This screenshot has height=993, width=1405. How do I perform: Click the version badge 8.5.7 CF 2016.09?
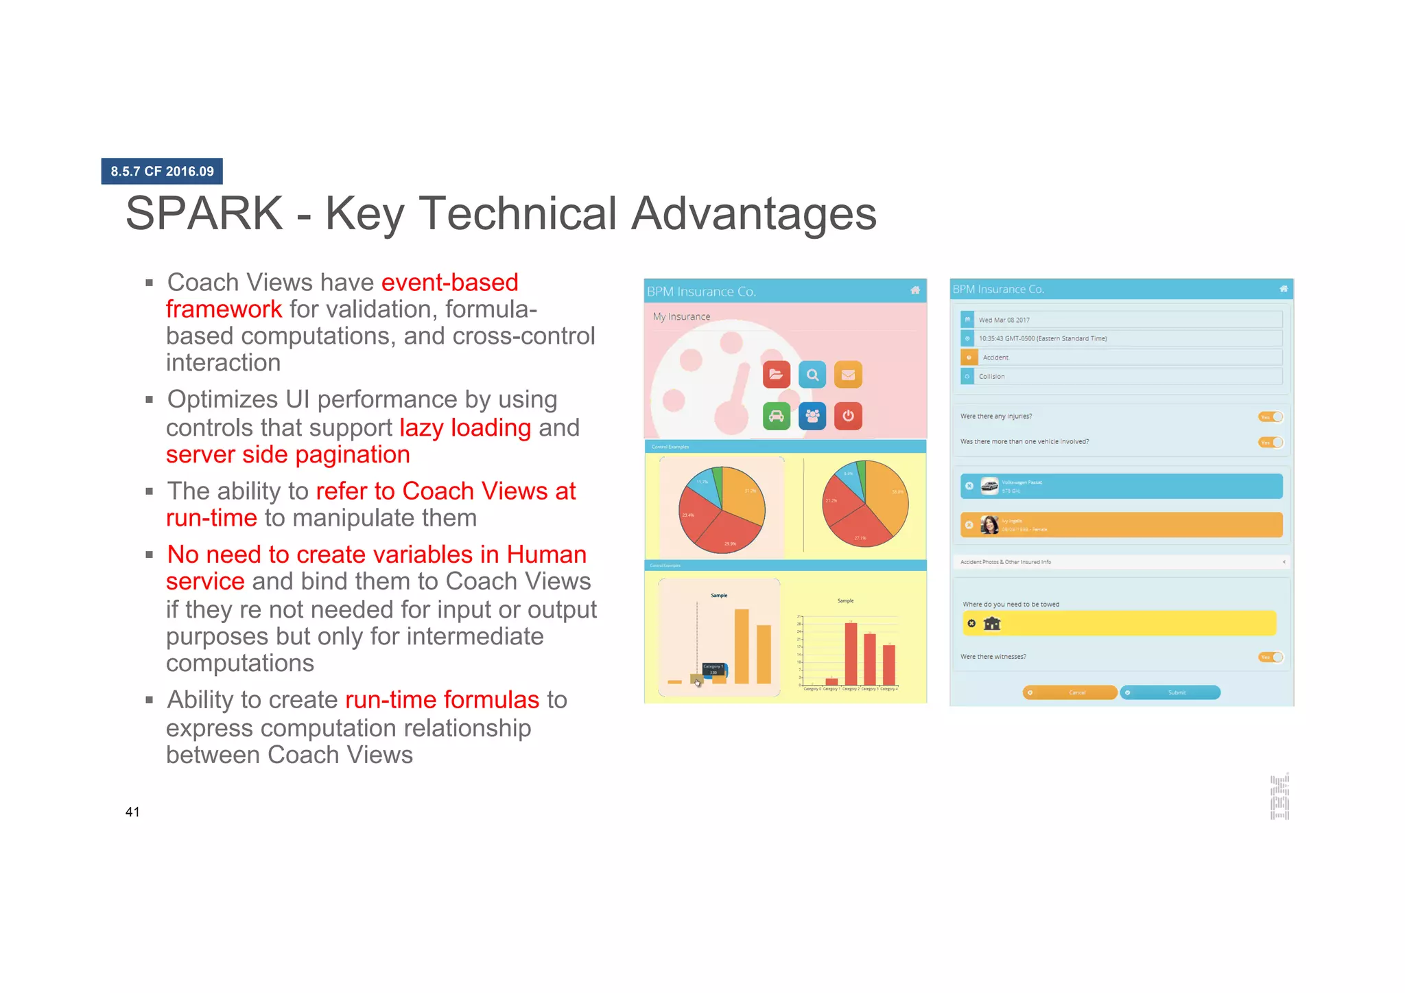(x=162, y=171)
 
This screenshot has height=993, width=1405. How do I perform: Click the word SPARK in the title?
(x=204, y=213)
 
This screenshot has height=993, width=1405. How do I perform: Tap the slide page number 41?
(x=132, y=812)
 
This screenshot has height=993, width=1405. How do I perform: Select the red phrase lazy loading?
(x=464, y=428)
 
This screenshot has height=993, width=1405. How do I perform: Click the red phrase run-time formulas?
(x=442, y=699)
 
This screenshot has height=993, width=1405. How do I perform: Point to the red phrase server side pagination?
(x=287, y=454)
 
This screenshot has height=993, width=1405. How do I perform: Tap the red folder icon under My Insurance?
(x=776, y=375)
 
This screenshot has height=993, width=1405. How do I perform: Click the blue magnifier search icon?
(x=812, y=375)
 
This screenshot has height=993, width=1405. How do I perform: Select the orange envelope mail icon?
(x=848, y=375)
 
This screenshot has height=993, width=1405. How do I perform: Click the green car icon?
(x=776, y=416)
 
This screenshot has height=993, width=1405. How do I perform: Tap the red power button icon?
(x=848, y=416)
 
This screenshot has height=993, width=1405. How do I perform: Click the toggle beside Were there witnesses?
(x=1271, y=657)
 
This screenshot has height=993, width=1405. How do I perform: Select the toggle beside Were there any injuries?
(x=1271, y=417)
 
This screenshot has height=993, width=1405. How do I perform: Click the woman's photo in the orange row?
(x=989, y=525)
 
